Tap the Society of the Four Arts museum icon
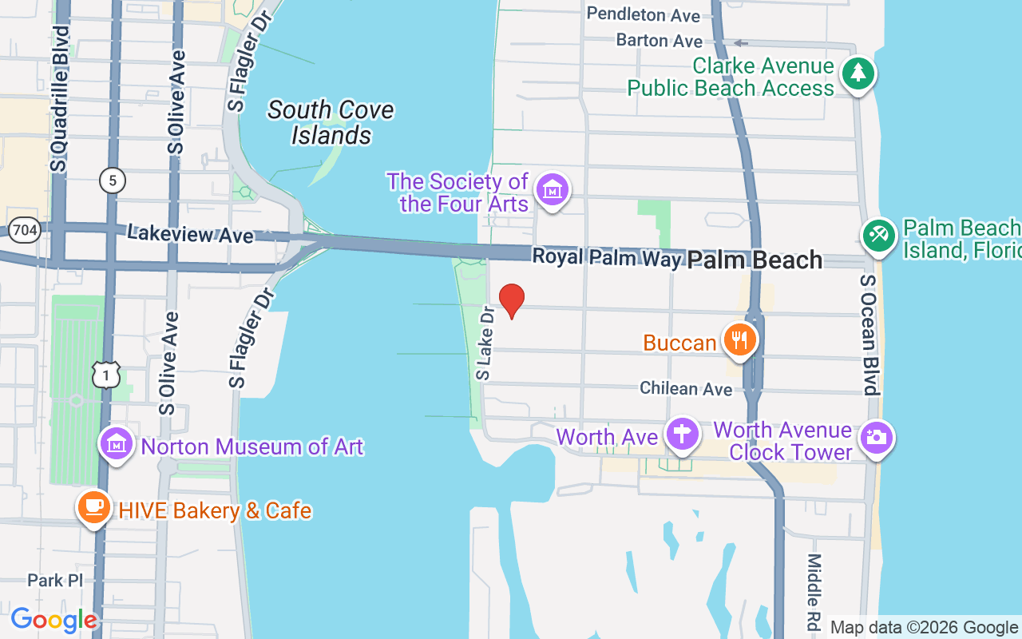click(553, 191)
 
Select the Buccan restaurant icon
click(740, 340)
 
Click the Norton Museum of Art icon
click(117, 443)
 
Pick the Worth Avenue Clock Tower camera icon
click(876, 438)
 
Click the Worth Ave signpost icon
click(682, 435)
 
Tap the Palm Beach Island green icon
click(879, 236)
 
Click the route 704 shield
click(26, 231)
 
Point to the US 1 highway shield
click(106, 375)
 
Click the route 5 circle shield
click(113, 181)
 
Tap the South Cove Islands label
click(331, 122)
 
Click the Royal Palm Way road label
click(607, 257)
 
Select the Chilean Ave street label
click(686, 389)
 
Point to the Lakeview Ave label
click(190, 234)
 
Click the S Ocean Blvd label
click(869, 335)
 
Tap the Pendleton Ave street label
click(643, 14)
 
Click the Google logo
click(53, 620)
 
